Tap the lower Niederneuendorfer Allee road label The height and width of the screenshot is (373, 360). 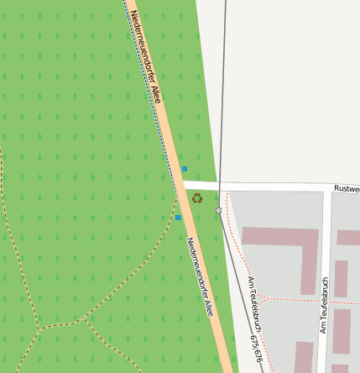(x=200, y=276)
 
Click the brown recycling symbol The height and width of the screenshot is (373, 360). (x=197, y=198)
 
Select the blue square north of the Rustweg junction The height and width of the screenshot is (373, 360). (x=185, y=169)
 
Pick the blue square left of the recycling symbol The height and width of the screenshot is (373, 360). (x=178, y=218)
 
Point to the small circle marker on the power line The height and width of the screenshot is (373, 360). (x=219, y=210)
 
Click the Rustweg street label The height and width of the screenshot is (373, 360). (x=346, y=189)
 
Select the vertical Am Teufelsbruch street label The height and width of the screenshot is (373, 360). (x=324, y=305)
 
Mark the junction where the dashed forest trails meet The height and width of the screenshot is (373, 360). (x=39, y=327)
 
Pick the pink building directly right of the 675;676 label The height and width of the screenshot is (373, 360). (x=304, y=356)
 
